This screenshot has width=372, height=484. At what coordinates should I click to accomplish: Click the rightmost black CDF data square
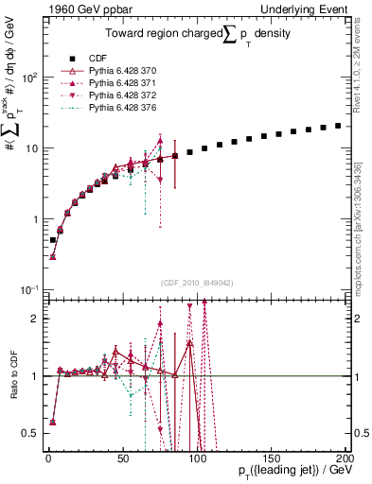pyautogui.click(x=338, y=125)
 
